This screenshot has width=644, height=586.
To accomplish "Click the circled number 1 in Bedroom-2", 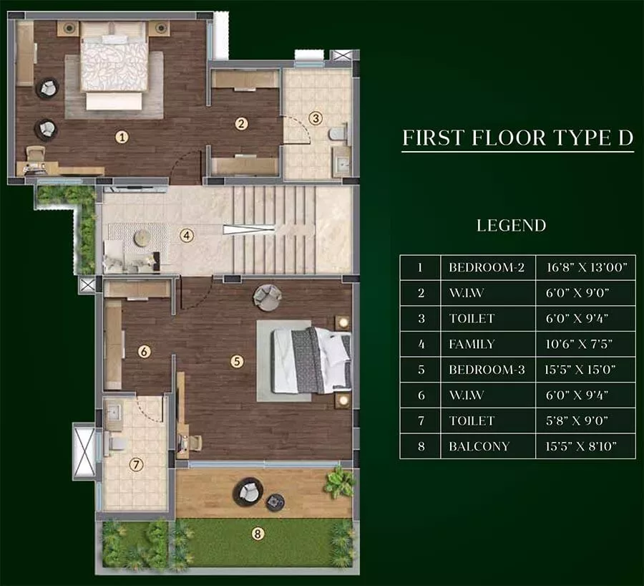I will pyautogui.click(x=122, y=135).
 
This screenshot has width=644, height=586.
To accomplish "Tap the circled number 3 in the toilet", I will pyautogui.click(x=315, y=118).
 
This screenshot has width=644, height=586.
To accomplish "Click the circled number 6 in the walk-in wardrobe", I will pyautogui.click(x=144, y=351).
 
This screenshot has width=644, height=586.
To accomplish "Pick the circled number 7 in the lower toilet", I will pyautogui.click(x=135, y=464).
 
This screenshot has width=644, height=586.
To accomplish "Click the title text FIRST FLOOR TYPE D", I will pyautogui.click(x=517, y=138).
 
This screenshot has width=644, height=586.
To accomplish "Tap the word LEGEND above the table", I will pyautogui.click(x=511, y=226).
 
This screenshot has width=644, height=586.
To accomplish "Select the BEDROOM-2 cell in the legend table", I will pyautogui.click(x=487, y=267).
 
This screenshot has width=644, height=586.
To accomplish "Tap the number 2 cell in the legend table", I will pyautogui.click(x=420, y=293).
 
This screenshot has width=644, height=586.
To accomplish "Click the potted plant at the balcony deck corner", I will pyautogui.click(x=338, y=481).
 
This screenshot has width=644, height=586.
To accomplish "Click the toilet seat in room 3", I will pyautogui.click(x=336, y=134).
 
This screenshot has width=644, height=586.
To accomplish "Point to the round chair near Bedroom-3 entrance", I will pyautogui.click(x=267, y=297).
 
